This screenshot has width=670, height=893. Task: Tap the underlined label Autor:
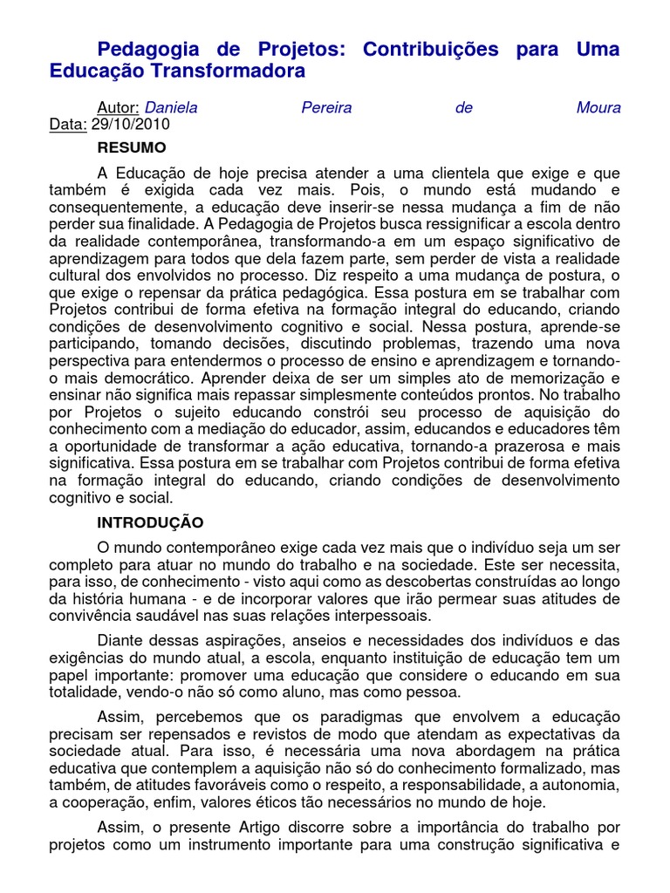[118, 108]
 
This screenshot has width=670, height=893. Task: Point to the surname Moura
[598, 108]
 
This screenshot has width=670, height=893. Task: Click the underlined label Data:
[68, 125]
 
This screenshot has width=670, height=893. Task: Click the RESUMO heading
[132, 147]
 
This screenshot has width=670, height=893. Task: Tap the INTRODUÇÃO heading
[150, 522]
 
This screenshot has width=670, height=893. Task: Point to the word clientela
[452, 173]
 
